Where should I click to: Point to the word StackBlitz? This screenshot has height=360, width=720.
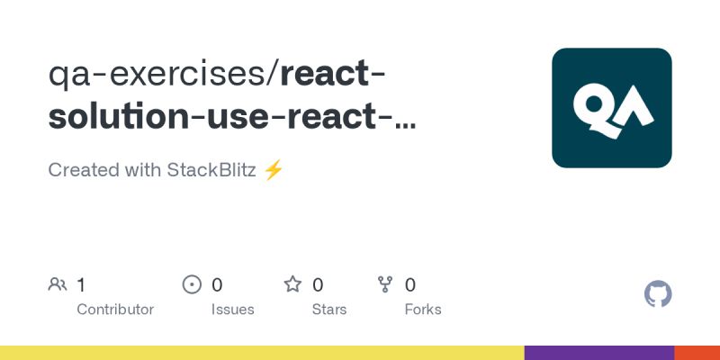click(x=211, y=170)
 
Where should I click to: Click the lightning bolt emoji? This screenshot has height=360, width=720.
click(x=274, y=170)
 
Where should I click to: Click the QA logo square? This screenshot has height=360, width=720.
click(x=612, y=108)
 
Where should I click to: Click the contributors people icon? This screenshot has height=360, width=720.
click(x=58, y=285)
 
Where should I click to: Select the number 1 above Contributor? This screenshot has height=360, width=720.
click(x=81, y=285)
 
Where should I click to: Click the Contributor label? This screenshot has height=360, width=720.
click(x=115, y=310)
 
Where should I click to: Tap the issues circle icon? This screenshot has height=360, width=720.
click(x=192, y=285)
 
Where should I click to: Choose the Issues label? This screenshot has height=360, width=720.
click(x=233, y=310)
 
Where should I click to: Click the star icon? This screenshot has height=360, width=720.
click(x=292, y=285)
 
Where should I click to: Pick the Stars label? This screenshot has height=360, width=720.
click(x=329, y=310)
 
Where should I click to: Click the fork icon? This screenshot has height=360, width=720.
click(x=386, y=285)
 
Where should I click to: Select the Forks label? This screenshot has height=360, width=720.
click(x=423, y=310)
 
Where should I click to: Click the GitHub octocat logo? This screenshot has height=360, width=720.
click(x=659, y=294)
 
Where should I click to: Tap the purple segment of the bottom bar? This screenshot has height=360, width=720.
click(x=599, y=353)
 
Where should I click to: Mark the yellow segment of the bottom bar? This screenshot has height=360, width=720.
click(x=261, y=353)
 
